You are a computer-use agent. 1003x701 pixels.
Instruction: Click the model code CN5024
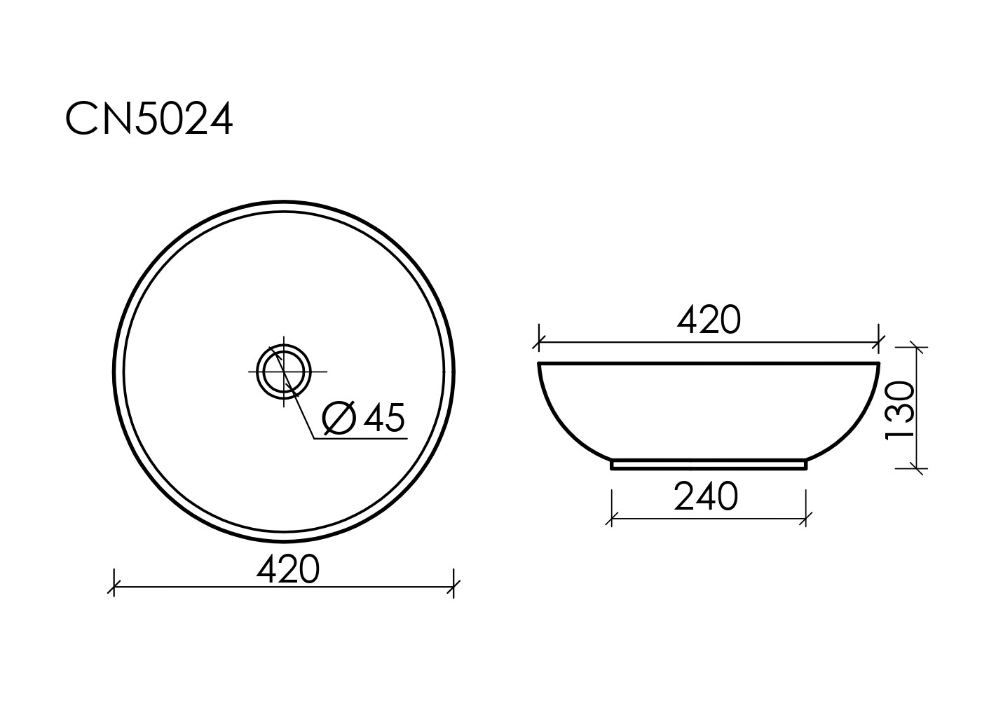149,118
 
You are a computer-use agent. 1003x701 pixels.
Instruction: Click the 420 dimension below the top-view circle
288,569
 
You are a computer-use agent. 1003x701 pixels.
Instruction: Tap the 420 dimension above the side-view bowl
709,320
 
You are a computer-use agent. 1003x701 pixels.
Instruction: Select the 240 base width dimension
706,496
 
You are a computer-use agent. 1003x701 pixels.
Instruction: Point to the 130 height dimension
900,411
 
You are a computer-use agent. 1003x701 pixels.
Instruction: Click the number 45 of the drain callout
384,417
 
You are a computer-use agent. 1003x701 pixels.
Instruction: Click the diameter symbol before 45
339,418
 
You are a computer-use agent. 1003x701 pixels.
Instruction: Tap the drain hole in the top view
284,372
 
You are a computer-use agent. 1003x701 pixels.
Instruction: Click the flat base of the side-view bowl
709,465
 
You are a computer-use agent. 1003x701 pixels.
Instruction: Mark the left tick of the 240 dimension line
612,519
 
